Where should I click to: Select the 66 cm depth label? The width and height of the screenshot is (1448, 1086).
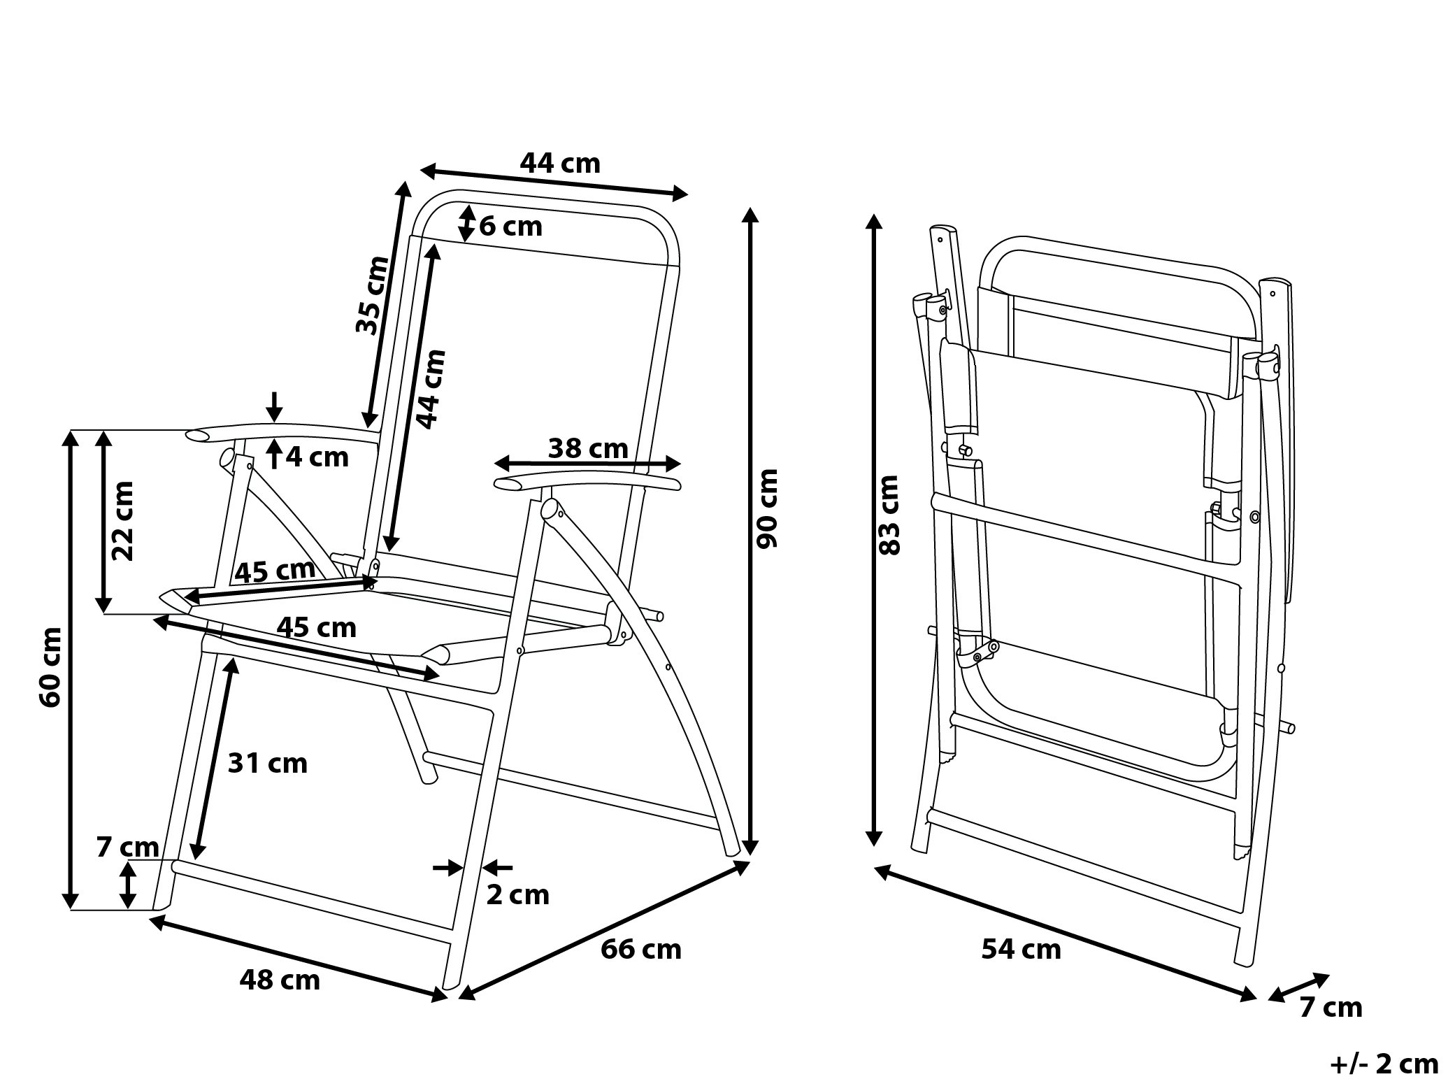click(640, 949)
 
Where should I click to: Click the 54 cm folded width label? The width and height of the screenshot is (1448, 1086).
click(1021, 949)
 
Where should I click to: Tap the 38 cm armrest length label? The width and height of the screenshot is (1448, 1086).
click(587, 448)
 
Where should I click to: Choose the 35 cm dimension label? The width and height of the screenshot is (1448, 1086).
click(371, 295)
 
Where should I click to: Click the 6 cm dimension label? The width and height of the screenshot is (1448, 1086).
click(510, 227)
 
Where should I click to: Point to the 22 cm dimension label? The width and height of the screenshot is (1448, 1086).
click(123, 520)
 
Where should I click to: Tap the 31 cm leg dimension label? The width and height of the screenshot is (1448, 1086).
click(268, 763)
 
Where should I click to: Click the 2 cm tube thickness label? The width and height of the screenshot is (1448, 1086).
click(517, 894)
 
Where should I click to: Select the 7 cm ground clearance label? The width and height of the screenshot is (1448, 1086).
click(128, 847)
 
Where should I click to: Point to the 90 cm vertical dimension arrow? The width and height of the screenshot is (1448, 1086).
click(750, 531)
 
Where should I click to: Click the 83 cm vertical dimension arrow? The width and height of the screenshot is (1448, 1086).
click(873, 531)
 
